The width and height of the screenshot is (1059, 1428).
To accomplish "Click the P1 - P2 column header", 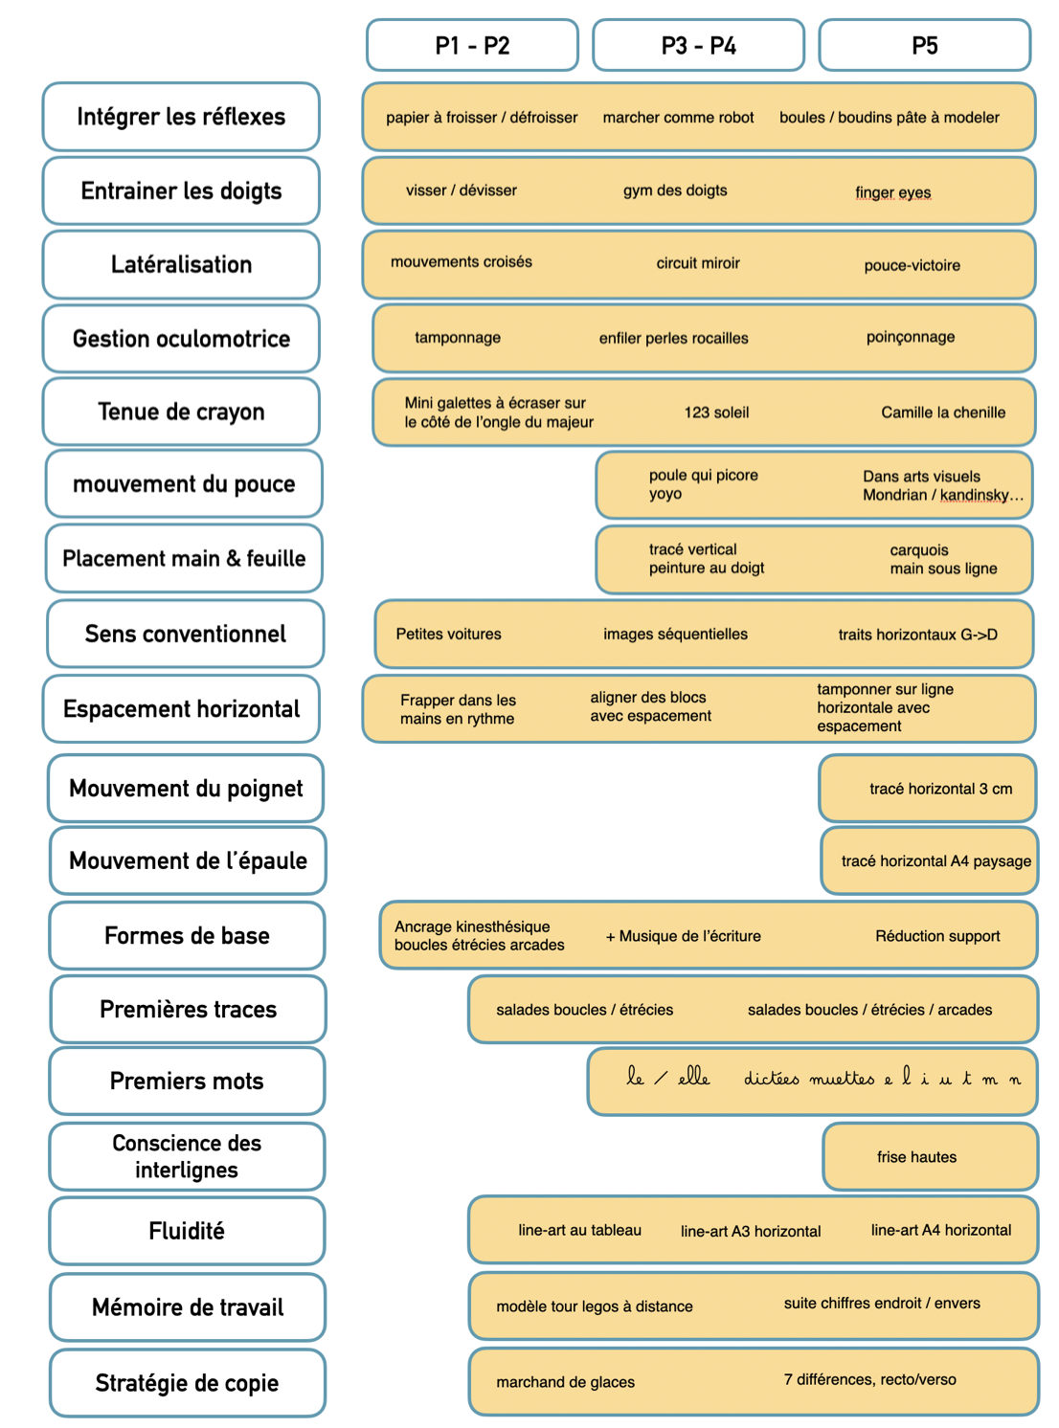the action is pos(471,45).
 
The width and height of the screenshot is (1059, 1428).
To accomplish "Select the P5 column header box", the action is pos(924,45).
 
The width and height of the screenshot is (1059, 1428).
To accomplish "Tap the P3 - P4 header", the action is pos(698,45).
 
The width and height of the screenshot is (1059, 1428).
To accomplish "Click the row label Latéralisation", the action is pos(181,264).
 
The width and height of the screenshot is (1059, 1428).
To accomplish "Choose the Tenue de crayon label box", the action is pos(181,412).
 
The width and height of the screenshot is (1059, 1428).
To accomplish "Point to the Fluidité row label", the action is pos(187,1230).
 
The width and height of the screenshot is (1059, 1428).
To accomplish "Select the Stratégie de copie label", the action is pos(187,1382).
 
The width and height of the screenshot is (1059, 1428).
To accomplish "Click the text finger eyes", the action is pos(892,192).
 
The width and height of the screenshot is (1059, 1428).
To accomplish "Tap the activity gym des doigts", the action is pos(674,190).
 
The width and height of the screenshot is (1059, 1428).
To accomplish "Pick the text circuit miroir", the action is pos(698,262).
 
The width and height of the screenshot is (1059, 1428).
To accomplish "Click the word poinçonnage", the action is pos(910,337).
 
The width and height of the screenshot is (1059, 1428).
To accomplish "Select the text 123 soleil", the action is pos(715,413).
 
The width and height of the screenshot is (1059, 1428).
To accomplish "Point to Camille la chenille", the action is pos(942,413).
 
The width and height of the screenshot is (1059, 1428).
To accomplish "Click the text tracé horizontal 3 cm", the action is pos(940,788).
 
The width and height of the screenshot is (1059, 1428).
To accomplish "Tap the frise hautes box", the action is pos(930,1156).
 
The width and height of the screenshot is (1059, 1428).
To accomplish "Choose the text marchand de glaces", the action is pos(564,1382).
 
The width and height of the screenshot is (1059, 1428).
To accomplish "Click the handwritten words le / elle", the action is pos(667,1077).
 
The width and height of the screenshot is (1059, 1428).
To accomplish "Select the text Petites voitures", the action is pos(448,634).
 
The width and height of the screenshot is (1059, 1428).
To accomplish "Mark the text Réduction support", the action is pos(936,935).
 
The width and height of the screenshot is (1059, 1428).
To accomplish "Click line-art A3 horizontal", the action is pos(750,1231).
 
